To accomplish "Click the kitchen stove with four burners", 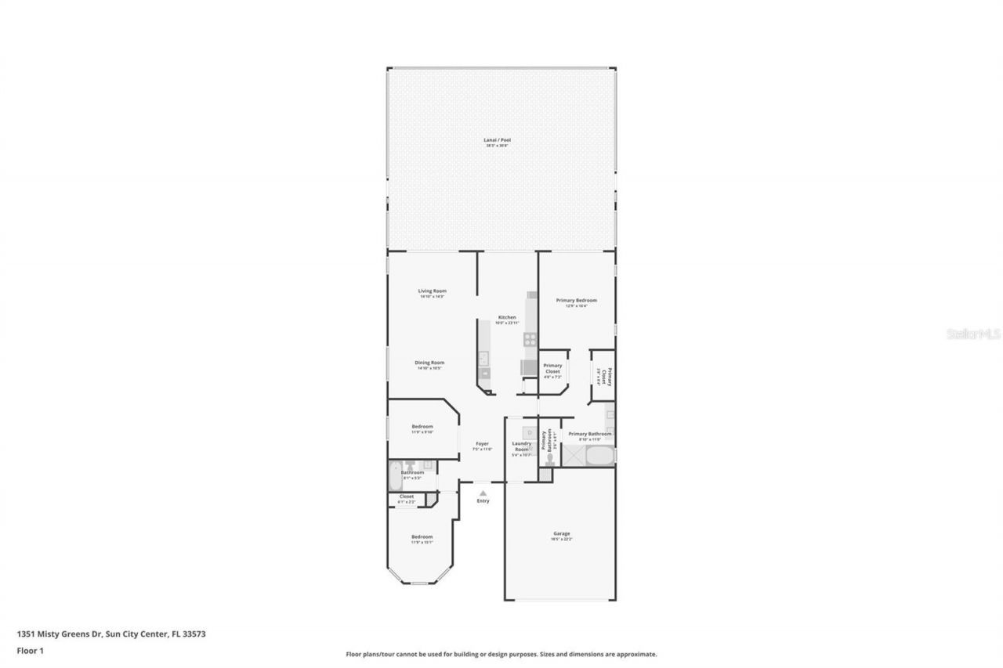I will (530, 340).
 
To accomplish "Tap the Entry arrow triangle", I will (483, 493).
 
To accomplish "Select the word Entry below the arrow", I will (483, 501).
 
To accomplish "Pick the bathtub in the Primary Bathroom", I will (599, 456).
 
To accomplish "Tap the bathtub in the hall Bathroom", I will (394, 476).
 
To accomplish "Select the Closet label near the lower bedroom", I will (406, 497).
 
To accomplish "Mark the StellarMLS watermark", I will (974, 334).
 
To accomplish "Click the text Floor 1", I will (30, 650).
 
